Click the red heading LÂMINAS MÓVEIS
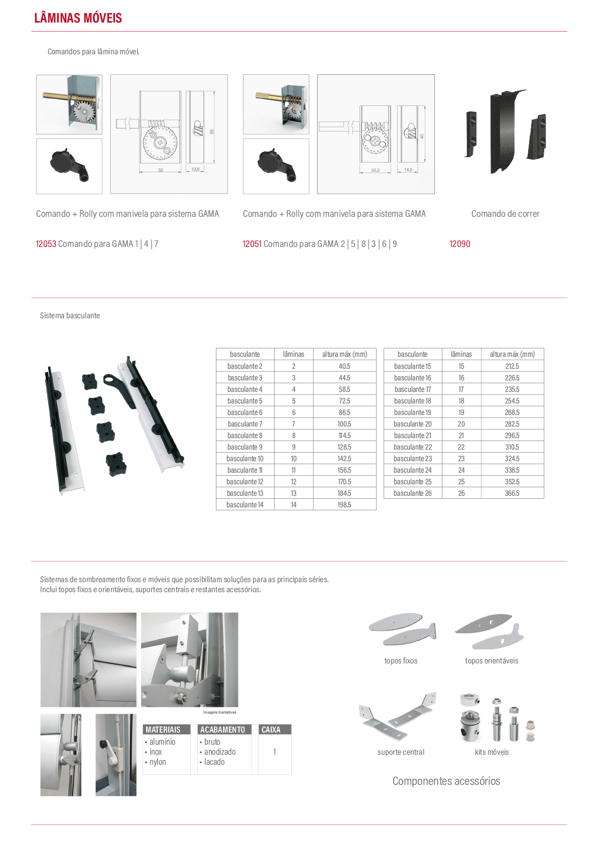(x=78, y=18)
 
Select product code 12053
(x=46, y=244)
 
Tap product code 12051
(x=252, y=244)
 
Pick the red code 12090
(x=460, y=244)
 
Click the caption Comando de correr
(x=505, y=214)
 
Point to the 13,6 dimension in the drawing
(x=195, y=169)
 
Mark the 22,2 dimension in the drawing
(x=375, y=170)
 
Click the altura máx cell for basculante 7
(x=344, y=424)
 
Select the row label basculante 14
(x=245, y=504)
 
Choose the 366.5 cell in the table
(x=512, y=493)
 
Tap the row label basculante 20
(x=412, y=424)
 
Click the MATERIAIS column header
(x=163, y=730)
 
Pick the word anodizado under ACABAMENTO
(x=220, y=752)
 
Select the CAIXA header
(x=271, y=730)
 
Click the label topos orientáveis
(x=492, y=660)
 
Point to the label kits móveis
(x=492, y=752)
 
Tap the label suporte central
(x=401, y=752)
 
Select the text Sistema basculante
(x=70, y=315)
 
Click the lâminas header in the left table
(x=293, y=354)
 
